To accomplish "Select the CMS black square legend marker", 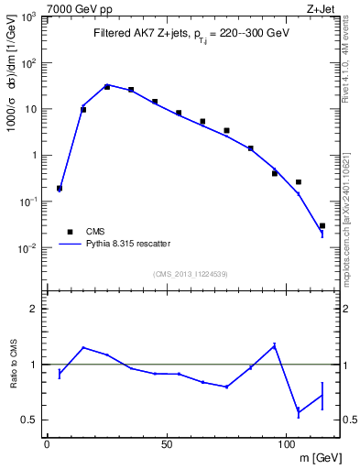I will tap(68, 231).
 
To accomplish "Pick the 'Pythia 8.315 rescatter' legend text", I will tap(126, 244).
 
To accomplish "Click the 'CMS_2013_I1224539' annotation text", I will tap(191, 274).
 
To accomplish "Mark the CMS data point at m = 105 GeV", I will tap(299, 182).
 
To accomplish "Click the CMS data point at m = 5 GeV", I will tap(60, 188).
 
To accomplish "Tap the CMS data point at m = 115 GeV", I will tap(322, 225).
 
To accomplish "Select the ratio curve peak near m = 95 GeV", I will tap(275, 345).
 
